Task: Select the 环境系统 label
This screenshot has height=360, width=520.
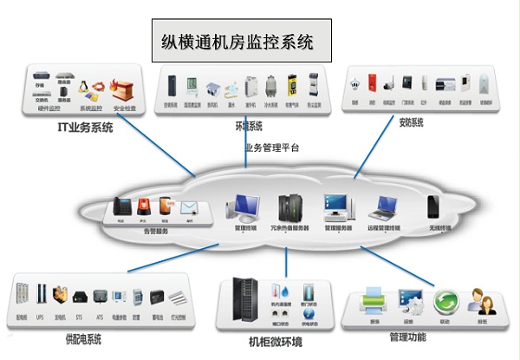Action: (x=249, y=125)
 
